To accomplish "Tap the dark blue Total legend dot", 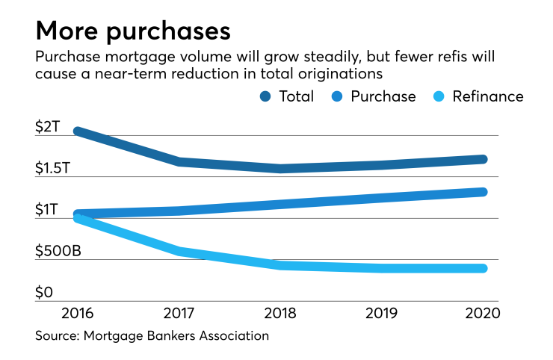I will (265, 96).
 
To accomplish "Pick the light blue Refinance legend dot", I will (440, 96).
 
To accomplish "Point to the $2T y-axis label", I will (47, 126).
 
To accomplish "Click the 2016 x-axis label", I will (78, 312).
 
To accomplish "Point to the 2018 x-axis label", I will (280, 312).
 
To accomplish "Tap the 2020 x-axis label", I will (482, 312).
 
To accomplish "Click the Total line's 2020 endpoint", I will (483, 159).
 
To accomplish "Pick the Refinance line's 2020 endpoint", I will (483, 268).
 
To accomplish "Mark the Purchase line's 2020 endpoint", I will (483, 192).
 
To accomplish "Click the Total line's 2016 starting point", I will (78, 131).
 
